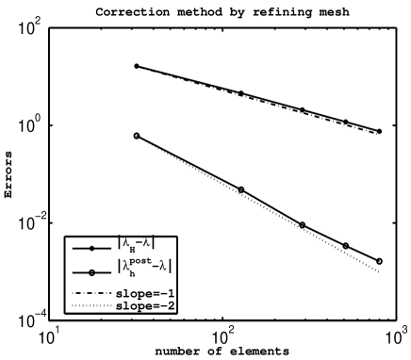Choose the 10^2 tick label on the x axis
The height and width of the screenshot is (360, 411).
(x=223, y=337)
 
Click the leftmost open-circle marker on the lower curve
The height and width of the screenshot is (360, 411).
(x=137, y=136)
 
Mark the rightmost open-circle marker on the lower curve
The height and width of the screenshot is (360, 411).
(x=379, y=261)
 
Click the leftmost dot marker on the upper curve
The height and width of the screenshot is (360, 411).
(x=137, y=66)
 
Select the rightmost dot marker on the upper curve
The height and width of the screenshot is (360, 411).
(x=379, y=131)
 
